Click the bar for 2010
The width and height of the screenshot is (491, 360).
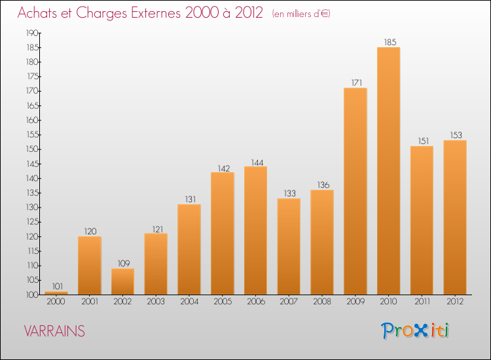[x=388, y=171]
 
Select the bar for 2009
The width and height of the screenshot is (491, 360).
[x=355, y=191]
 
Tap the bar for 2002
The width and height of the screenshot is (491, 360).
[x=122, y=281]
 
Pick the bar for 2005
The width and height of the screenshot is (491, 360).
[x=222, y=233]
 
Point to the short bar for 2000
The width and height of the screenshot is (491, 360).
[x=56, y=293]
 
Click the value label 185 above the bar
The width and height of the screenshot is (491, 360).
[x=389, y=43]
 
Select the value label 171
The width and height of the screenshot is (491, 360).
[x=355, y=83]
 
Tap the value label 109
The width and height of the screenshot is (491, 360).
[x=122, y=263]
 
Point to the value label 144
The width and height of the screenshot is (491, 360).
[x=255, y=162]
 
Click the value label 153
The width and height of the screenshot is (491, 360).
[x=455, y=135]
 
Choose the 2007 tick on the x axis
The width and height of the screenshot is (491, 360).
[x=289, y=302]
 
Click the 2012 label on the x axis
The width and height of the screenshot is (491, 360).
[x=455, y=302]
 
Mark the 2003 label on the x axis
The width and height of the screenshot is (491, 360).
[x=156, y=302]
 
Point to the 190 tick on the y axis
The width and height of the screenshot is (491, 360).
[x=31, y=33]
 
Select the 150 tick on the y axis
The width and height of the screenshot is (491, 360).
[x=31, y=149]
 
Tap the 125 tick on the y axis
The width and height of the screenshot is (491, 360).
[x=31, y=222]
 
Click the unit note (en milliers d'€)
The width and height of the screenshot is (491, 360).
[x=300, y=14]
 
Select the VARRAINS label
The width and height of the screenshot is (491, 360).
[x=54, y=331]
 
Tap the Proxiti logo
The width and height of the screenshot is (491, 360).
[x=414, y=331]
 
